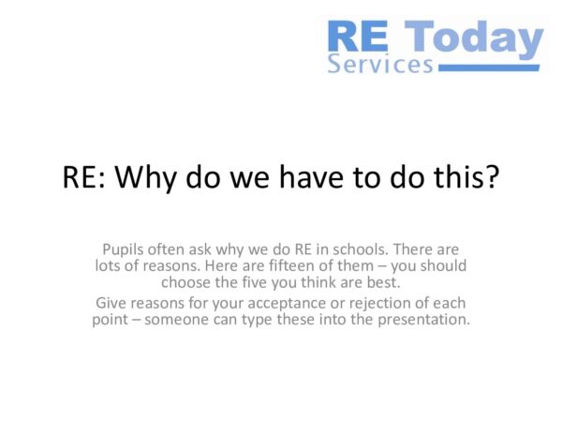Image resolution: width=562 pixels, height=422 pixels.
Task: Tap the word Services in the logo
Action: [x=380, y=65]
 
